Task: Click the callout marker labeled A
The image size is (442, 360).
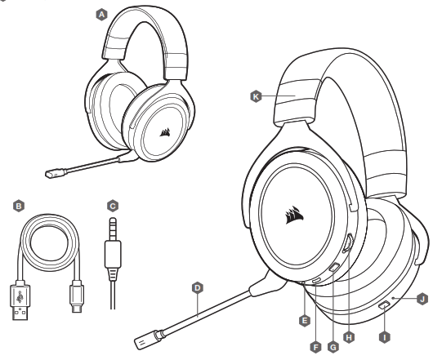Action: (x=78, y=15)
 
